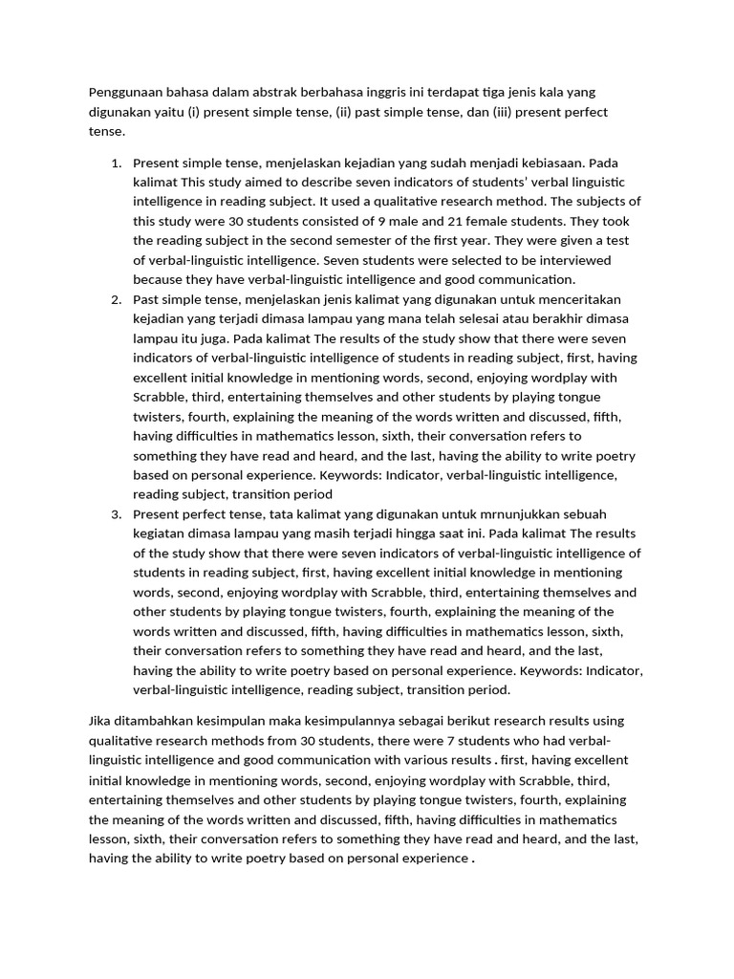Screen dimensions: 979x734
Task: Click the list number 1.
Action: coord(115,163)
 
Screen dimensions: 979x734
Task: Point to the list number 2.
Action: coord(115,299)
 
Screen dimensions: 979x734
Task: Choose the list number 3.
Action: coord(115,514)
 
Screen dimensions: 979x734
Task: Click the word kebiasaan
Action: coord(546,163)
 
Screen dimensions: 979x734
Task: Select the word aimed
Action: coord(265,182)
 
